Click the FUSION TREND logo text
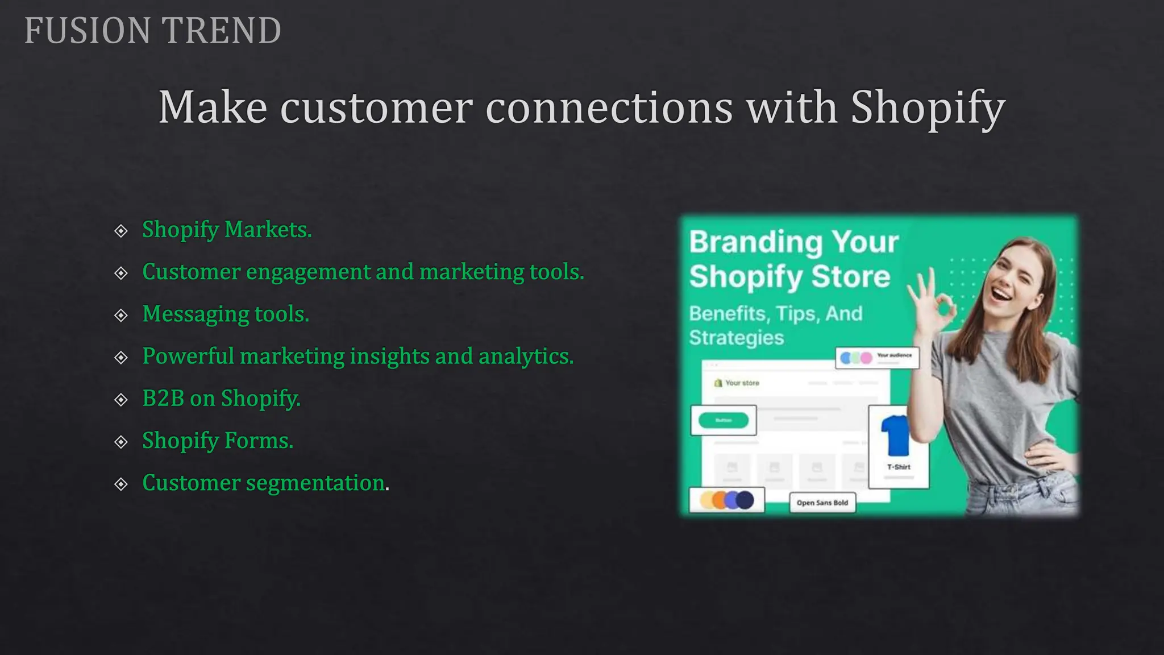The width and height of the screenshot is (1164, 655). (152, 31)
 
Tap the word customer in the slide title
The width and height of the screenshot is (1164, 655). (376, 108)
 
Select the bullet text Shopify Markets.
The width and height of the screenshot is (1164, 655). (227, 230)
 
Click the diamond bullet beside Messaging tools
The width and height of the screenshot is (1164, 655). (121, 316)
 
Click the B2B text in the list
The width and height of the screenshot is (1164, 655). (163, 399)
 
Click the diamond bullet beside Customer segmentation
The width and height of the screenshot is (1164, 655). (121, 484)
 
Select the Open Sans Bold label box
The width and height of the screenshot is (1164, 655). (822, 503)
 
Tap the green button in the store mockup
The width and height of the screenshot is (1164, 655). (723, 420)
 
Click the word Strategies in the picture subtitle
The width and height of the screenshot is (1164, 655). (736, 338)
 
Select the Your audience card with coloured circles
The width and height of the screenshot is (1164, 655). (876, 358)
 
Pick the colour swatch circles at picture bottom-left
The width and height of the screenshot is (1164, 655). (726, 500)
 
